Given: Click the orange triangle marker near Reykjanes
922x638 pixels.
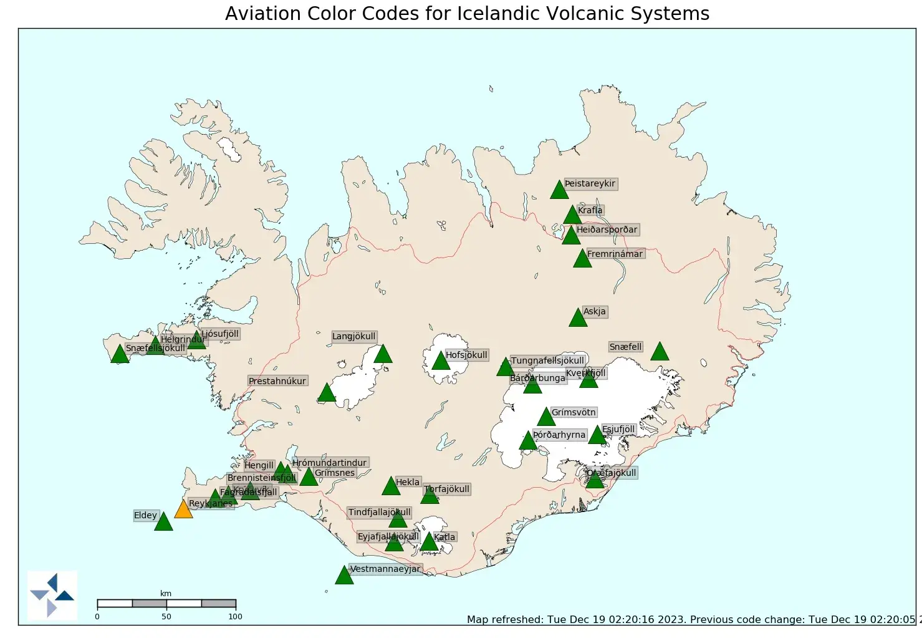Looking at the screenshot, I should pyautogui.click(x=183, y=510).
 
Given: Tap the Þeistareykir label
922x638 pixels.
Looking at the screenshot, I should pyautogui.click(x=590, y=183).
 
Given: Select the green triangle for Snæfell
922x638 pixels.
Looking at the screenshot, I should pyautogui.click(x=660, y=352).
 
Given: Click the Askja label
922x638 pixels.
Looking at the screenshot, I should pyautogui.click(x=594, y=311).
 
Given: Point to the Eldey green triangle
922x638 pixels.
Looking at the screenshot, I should pyautogui.click(x=163, y=522).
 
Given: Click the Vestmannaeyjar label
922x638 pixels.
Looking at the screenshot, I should pyautogui.click(x=385, y=569).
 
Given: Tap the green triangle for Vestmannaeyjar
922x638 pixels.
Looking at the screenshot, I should pyautogui.click(x=344, y=576).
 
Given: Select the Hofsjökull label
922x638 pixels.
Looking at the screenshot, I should pyautogui.click(x=466, y=355).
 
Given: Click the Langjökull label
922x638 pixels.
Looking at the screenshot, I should pyautogui.click(x=353, y=336).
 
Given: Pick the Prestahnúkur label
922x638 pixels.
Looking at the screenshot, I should pyautogui.click(x=277, y=381).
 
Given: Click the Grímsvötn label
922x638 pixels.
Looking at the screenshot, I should pyautogui.click(x=574, y=412).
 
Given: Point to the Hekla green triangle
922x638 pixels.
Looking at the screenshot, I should pyautogui.click(x=391, y=486).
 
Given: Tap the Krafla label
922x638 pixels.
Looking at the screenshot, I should pyautogui.click(x=590, y=210).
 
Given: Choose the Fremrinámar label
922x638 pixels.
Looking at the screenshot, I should pyautogui.click(x=615, y=254).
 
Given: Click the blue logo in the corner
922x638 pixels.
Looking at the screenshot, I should pyautogui.click(x=52, y=595).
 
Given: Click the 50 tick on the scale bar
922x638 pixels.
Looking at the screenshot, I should pyautogui.click(x=166, y=616).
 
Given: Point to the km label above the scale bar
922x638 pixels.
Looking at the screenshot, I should pyautogui.click(x=166, y=593).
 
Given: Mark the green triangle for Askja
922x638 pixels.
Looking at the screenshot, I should pyautogui.click(x=578, y=318).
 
